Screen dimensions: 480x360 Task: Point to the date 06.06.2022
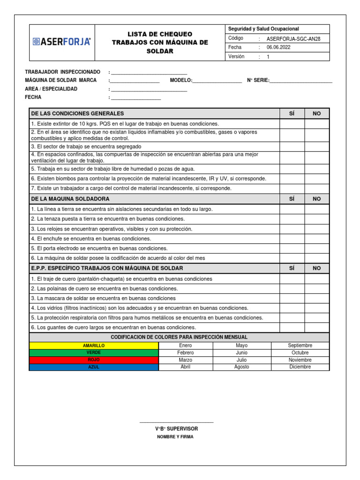278,47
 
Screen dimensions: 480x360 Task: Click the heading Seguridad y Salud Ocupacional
263,29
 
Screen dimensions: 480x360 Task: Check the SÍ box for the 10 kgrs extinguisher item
292,124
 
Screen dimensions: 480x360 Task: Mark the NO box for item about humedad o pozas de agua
317,169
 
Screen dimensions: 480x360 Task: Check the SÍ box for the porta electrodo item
292,248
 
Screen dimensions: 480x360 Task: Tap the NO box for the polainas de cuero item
317,289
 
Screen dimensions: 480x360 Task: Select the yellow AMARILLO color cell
94,345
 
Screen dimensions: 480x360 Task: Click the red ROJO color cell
94,360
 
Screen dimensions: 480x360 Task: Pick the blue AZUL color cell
94,367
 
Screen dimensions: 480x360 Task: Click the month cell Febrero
186,352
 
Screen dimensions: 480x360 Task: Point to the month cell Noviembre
300,360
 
